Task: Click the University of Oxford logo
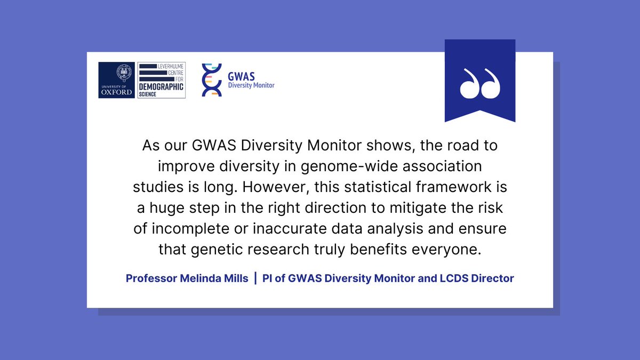coord(117,80)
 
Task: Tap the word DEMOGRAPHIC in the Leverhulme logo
coord(161,86)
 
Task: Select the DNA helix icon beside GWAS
coord(212,80)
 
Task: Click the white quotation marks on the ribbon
coord(479,84)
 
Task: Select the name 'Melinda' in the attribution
coord(198,278)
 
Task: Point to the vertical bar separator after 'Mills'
coord(255,278)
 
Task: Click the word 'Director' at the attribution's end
coord(494,278)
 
